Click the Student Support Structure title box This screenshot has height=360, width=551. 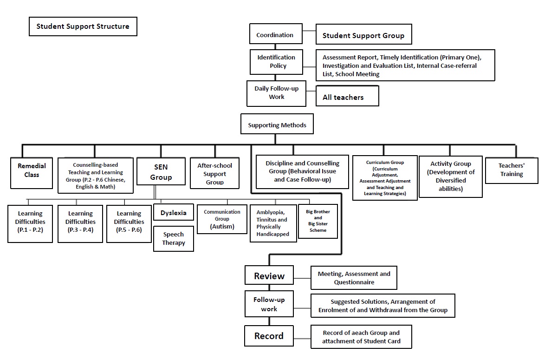coord(83,26)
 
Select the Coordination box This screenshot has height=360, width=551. coord(276,34)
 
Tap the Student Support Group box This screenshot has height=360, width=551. coord(364,34)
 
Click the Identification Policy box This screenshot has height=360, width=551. coord(276,62)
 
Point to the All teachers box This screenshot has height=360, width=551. coord(348,96)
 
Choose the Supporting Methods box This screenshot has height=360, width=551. coord(277,124)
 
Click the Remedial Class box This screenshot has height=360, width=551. coord(32,173)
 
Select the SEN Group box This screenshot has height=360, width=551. coord(161,171)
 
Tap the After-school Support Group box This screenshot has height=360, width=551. coord(215,173)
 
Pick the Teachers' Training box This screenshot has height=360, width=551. coord(512,170)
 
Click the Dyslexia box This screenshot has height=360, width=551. coord(174,212)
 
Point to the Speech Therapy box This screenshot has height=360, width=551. coord(174,239)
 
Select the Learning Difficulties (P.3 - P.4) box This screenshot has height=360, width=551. coord(80,223)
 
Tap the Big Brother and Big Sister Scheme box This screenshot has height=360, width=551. coord(318,222)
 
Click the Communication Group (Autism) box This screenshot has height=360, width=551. coord(222,219)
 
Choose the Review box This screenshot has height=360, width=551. coord(269,275)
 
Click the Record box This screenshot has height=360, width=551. coord(269,336)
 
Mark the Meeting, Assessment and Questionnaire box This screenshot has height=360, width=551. coord(354,278)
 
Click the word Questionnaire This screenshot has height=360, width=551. coord(354,282)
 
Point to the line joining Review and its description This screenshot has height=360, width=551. coord(302,278)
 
